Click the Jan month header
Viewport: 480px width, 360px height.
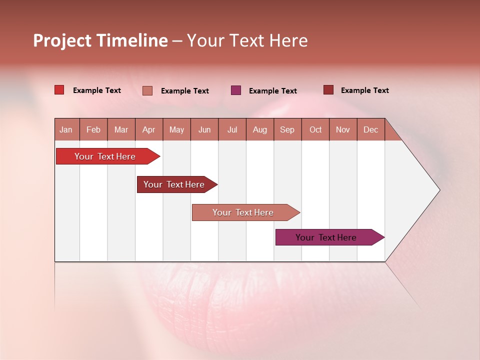click(66, 129)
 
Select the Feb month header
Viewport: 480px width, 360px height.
click(93, 129)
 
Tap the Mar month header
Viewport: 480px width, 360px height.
click(121, 129)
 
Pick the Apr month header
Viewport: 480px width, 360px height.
click(149, 129)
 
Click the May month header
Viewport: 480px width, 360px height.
click(176, 129)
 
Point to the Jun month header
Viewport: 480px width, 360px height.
click(204, 129)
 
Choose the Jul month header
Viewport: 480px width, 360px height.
click(232, 129)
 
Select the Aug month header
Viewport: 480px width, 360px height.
click(260, 129)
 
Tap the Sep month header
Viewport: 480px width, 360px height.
click(287, 129)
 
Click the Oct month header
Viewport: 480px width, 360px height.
click(315, 129)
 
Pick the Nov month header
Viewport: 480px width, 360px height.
click(343, 129)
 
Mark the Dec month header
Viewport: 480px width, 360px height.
click(371, 129)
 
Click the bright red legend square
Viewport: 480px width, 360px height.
click(59, 90)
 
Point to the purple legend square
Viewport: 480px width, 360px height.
click(236, 90)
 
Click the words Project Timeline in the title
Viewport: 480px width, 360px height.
click(100, 40)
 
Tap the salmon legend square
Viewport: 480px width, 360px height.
click(147, 90)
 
